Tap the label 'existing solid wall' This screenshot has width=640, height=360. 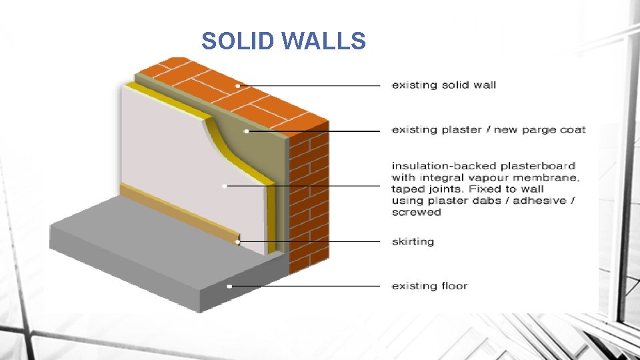443,85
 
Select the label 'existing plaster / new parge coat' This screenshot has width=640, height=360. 488,129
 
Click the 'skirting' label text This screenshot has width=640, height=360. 412,241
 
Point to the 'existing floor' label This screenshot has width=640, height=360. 429,286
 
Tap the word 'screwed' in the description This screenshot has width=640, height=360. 416,212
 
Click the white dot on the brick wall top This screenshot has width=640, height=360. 238,85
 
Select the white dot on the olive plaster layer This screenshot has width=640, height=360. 247,131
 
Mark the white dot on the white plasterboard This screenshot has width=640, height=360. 225,186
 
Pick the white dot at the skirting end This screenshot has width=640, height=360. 238,241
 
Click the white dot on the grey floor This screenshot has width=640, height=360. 229,286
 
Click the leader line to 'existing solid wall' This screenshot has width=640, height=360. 313,85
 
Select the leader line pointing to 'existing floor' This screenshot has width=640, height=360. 307,286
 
